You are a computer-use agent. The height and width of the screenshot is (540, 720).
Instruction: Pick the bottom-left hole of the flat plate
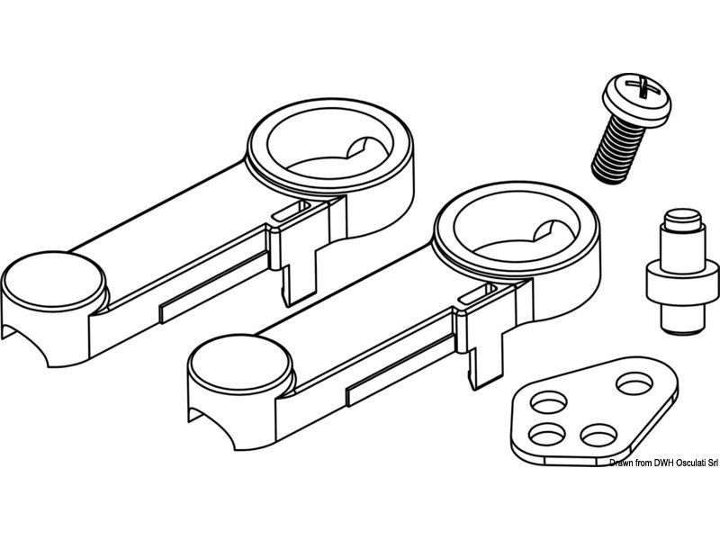click(x=546, y=436)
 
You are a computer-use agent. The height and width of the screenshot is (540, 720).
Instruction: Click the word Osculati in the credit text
click(x=680, y=463)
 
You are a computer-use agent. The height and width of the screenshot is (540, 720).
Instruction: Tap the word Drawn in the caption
click(x=622, y=463)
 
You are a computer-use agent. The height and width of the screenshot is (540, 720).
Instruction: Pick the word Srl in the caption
click(x=708, y=463)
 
